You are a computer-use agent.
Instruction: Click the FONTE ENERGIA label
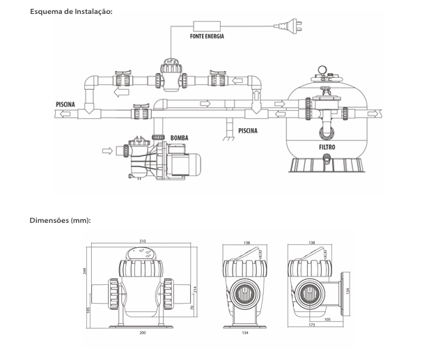[207, 36]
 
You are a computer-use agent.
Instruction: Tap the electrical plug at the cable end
[289, 26]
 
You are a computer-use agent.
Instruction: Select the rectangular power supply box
[207, 26]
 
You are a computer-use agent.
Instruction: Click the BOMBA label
[179, 138]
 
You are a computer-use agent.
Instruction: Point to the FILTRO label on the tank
[327, 148]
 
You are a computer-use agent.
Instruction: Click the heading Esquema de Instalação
[71, 12]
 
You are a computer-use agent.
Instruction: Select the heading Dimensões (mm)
[60, 221]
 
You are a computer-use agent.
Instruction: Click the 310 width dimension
[142, 242]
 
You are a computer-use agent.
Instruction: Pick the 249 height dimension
[85, 271]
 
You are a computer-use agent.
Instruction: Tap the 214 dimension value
[195, 290]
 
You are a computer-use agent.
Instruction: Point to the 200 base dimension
[142, 333]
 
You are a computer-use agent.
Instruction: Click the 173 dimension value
[312, 324]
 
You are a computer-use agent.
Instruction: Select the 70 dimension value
[192, 308]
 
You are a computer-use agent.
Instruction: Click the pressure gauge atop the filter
[322, 70]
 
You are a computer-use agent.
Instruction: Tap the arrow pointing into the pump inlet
[107, 150]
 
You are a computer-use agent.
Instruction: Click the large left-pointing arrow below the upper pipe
[121, 93]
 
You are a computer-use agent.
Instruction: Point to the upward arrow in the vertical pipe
[256, 95]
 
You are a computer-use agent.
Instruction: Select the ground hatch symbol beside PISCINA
[228, 139]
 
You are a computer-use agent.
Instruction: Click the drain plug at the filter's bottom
[327, 158]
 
